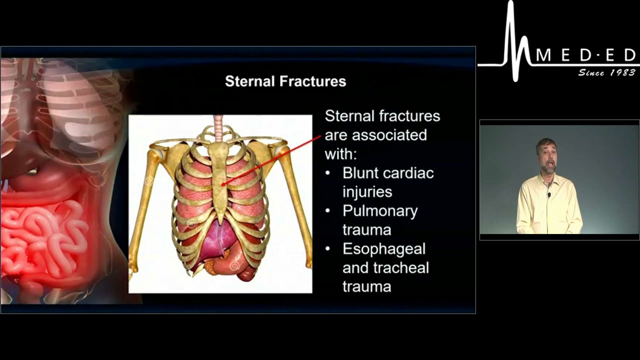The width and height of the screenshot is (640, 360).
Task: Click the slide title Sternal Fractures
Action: [285, 81]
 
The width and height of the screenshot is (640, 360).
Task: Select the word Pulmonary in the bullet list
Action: [380, 211]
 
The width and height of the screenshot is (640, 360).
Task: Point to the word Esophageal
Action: [384, 249]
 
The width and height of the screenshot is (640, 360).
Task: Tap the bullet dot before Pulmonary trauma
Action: [327, 211]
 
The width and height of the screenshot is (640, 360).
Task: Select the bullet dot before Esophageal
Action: [327, 249]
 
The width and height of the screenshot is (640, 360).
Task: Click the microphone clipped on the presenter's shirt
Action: [549, 194]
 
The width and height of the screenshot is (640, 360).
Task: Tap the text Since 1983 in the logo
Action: [606, 73]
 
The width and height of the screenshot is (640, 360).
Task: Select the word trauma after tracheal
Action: [366, 287]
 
